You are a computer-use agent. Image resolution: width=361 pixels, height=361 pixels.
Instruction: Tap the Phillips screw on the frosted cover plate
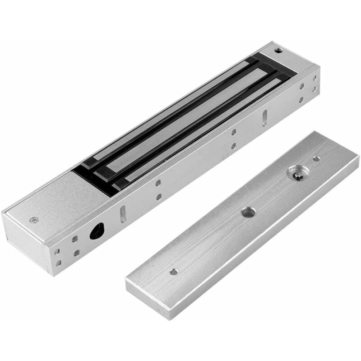[x=34, y=220]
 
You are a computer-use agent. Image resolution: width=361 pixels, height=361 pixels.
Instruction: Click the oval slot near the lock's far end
[x=264, y=117]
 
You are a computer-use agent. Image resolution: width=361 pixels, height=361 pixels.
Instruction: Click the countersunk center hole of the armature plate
[x=248, y=212]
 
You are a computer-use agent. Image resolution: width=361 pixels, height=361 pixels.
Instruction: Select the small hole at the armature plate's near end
[x=173, y=272]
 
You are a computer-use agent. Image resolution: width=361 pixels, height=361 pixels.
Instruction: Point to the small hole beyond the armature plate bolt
[x=317, y=159]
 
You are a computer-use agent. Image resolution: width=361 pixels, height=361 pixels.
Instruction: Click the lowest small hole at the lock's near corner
[x=58, y=263]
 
